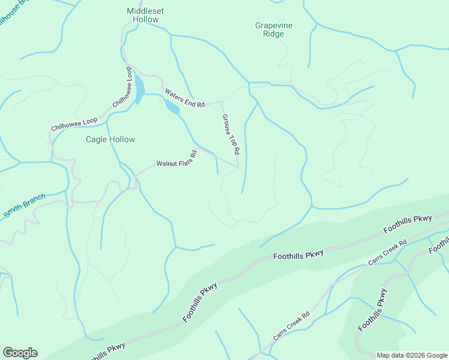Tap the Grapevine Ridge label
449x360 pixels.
pos(277,29)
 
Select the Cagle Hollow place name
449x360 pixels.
pos(110,139)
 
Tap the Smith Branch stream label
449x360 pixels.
pos(24,206)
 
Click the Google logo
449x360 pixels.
pos(20,353)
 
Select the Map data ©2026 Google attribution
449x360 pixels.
pos(412,355)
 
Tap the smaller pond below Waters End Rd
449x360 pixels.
pos(171,107)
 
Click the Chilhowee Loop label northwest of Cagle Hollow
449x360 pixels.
pos(74,124)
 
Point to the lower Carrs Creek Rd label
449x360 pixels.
pos(291,326)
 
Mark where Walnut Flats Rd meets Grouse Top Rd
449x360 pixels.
pos(238,167)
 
